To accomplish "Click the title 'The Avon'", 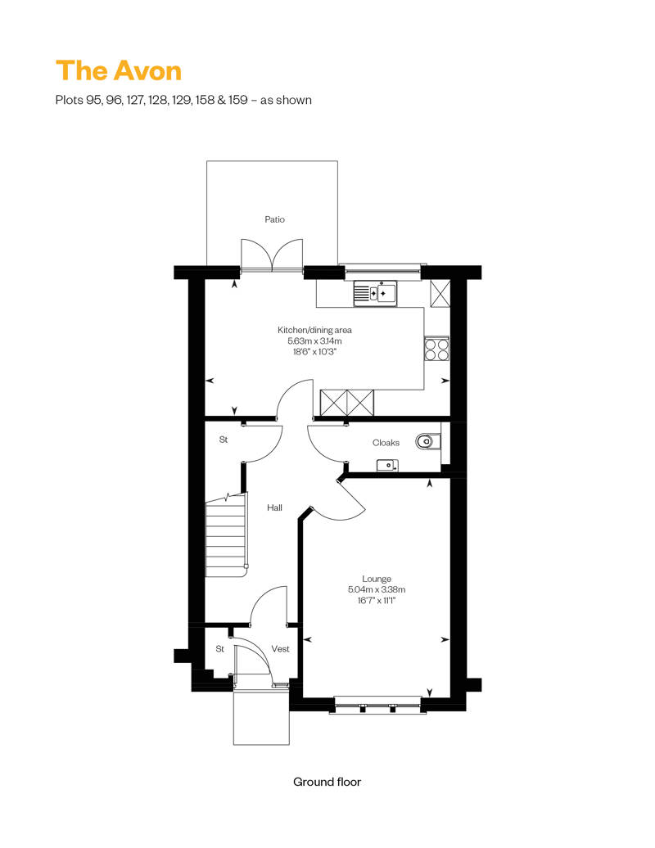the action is [119, 70].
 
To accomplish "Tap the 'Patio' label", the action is [275, 219].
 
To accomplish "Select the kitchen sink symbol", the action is [375, 293].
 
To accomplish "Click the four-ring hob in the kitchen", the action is [436, 349].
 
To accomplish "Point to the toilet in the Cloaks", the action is [428, 442].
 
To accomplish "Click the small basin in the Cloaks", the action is [387, 465].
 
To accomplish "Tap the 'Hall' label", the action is [274, 507].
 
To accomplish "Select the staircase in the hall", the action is [227, 535].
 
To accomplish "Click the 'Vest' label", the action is [280, 649].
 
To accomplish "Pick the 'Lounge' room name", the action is [377, 579].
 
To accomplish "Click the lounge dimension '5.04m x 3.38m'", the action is [377, 589].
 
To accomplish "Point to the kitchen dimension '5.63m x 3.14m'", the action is [314, 341].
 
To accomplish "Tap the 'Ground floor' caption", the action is [327, 782].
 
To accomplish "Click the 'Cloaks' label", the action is [386, 443].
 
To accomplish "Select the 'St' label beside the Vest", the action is [219, 649].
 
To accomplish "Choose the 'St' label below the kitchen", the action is [224, 440].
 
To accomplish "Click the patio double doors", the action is [272, 255].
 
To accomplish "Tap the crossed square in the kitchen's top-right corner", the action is [440, 293].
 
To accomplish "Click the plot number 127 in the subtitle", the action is [135, 100].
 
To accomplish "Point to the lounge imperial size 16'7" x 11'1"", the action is [377, 600].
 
